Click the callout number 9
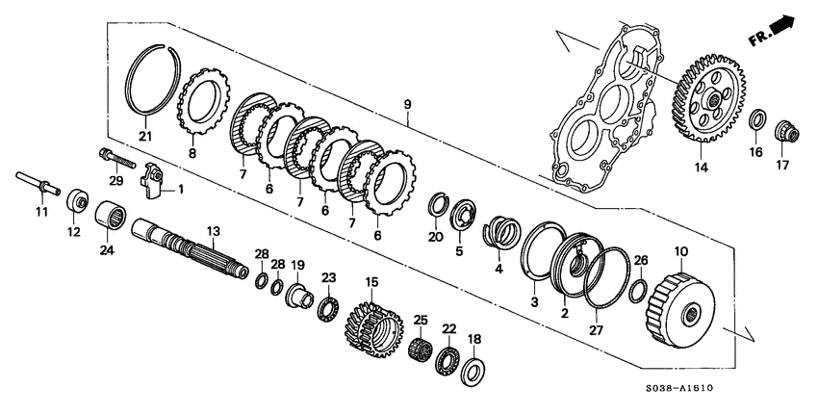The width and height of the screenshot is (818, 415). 407,104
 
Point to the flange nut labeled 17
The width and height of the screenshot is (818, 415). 781,129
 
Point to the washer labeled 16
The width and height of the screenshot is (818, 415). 757,120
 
